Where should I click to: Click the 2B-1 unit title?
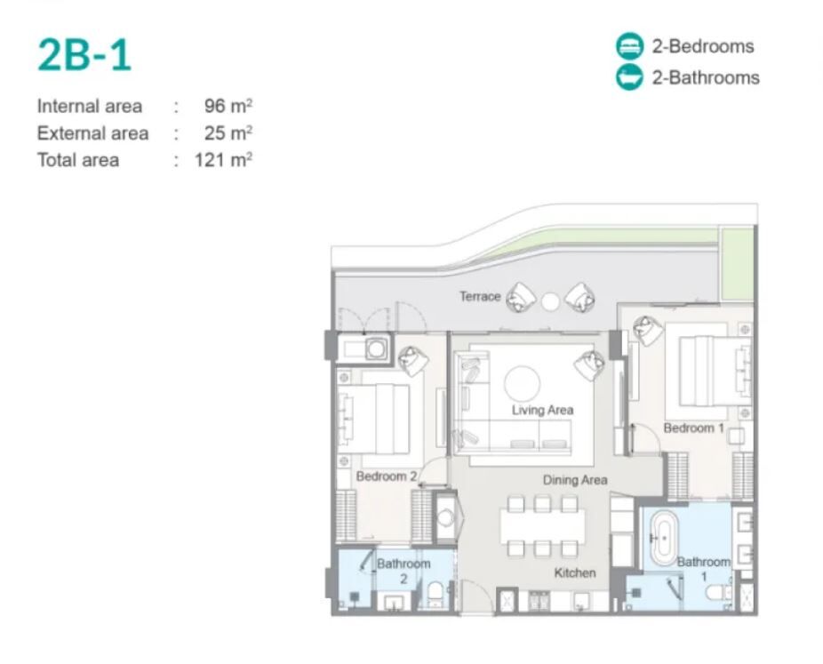point(84,55)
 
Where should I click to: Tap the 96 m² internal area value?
point(228,106)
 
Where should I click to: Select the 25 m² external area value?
point(228,132)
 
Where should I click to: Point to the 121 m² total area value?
point(224,160)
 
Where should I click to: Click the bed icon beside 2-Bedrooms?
point(629,45)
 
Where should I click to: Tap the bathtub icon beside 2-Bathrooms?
point(629,77)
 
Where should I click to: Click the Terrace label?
point(480,296)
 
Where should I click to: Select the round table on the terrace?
point(550,302)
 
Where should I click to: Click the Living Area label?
point(542,410)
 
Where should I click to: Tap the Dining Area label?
point(575,480)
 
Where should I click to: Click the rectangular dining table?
point(542,526)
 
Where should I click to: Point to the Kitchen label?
point(575,572)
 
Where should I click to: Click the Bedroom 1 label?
point(693,428)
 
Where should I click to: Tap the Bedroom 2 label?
point(387,476)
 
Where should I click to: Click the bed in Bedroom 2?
point(373,419)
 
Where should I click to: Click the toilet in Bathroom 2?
point(435,594)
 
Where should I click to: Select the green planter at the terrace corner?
point(737,264)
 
